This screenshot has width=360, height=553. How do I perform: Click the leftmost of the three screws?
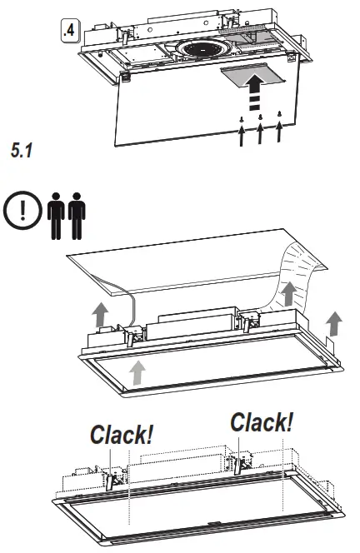(241, 122)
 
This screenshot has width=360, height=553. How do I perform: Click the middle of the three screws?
(260, 117)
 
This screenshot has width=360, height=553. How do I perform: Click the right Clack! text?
(262, 422)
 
